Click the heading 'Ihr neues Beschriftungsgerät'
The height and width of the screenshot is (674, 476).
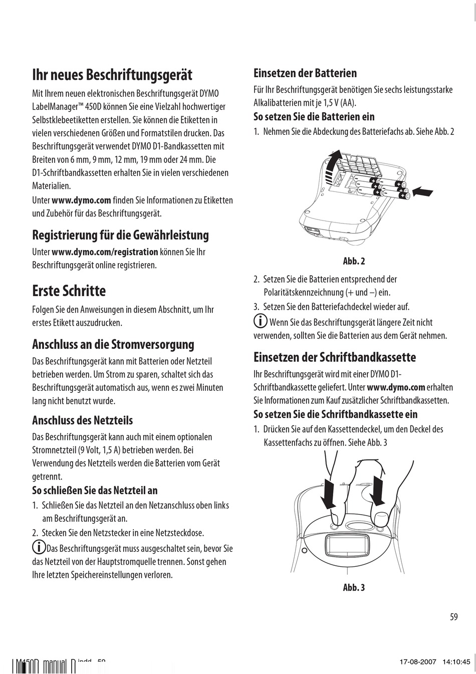[x=112, y=75]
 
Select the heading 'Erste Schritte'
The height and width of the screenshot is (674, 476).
[x=69, y=291]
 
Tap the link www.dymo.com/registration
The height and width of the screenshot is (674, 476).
[x=105, y=252]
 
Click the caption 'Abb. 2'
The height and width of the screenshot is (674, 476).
[x=354, y=261]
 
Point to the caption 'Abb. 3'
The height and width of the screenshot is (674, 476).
[x=354, y=587]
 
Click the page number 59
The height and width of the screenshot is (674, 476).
[x=453, y=617]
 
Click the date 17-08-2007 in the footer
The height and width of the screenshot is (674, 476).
[x=417, y=662]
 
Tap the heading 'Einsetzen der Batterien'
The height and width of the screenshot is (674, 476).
[x=305, y=73]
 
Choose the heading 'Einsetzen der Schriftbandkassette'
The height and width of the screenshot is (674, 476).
[x=335, y=357]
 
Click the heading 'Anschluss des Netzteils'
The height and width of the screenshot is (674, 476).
[x=82, y=420]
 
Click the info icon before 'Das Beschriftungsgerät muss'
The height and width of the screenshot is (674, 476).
[x=38, y=547]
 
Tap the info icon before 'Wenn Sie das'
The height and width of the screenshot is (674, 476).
[x=260, y=321]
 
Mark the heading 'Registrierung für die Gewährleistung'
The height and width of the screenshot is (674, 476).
[x=120, y=235]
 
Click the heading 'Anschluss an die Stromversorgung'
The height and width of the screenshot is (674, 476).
[x=113, y=345]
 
